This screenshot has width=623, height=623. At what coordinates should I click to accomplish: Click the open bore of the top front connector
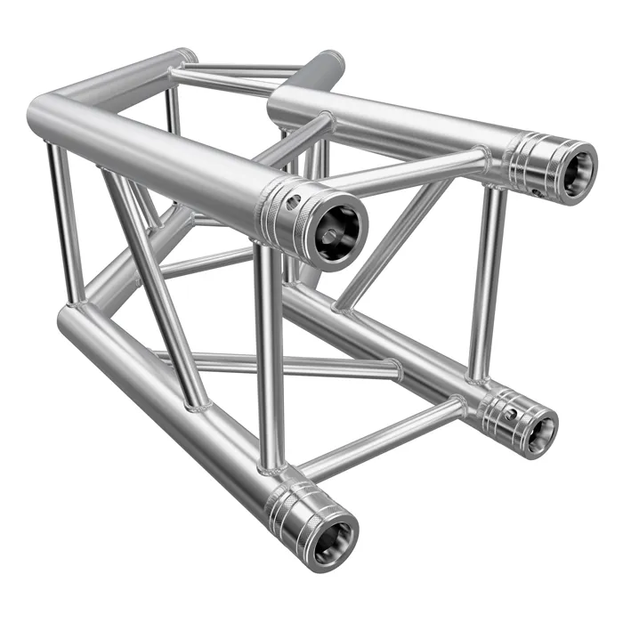tap(339, 230)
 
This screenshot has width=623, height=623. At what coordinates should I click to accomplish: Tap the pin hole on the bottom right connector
tap(509, 414)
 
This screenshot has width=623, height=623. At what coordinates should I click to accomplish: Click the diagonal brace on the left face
tap(156, 285)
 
